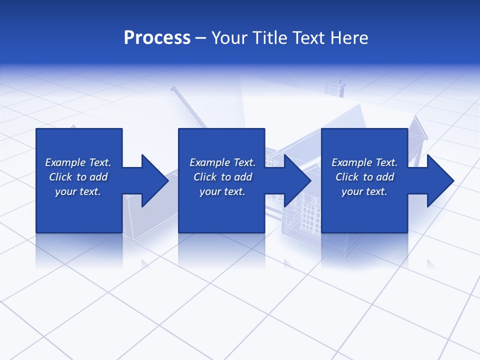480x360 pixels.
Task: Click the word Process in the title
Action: (157, 38)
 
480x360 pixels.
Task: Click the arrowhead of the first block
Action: (155, 180)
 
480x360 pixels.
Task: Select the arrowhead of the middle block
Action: (297, 180)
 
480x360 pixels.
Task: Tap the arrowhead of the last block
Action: (440, 180)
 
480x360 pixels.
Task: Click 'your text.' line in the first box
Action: (78, 191)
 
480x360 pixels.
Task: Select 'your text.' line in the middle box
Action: (222, 191)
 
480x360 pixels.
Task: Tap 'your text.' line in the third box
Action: (364, 191)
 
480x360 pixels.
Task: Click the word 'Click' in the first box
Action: (60, 177)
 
